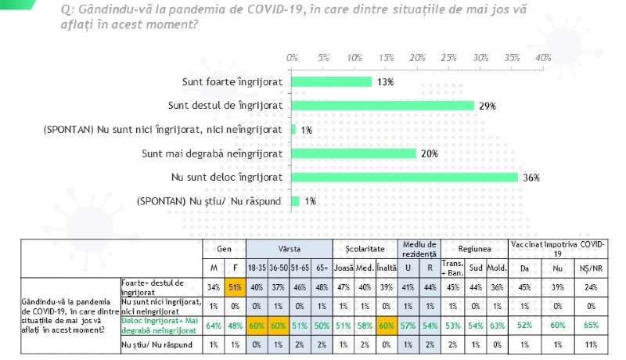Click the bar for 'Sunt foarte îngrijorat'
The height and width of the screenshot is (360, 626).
coord(332,81)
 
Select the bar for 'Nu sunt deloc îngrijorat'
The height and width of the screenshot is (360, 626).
coord(405,177)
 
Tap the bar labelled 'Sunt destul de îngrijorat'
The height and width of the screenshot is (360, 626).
coord(383,105)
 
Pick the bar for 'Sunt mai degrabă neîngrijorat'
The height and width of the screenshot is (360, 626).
coord(354,153)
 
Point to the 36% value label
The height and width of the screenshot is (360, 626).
coord(532,178)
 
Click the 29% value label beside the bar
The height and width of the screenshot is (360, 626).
coord(488,106)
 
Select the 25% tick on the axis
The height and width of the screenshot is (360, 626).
coord(449,58)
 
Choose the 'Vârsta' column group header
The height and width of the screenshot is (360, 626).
coord(289,247)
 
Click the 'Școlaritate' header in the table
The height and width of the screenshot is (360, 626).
coord(365,247)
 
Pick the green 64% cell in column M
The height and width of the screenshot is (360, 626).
coord(213,325)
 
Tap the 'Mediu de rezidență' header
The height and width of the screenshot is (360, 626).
coord(421,248)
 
